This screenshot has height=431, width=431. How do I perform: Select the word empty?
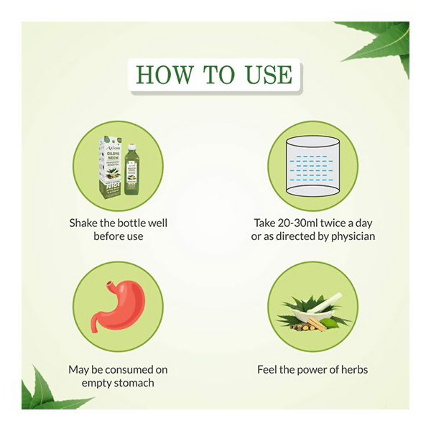[98, 383]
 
